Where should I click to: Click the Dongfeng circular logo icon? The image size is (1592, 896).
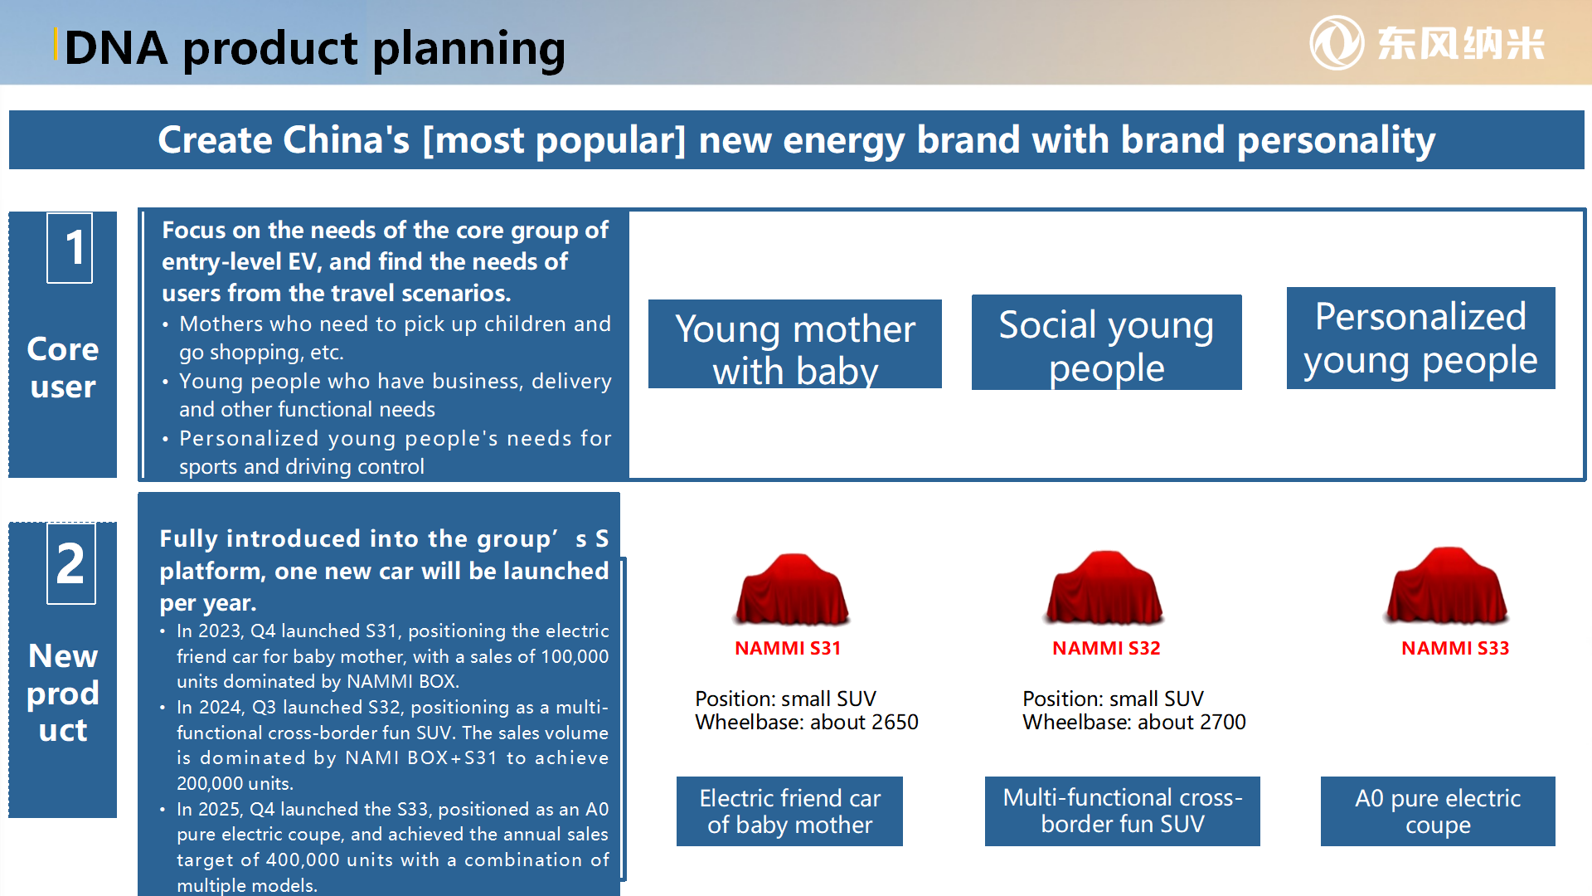click(x=1337, y=43)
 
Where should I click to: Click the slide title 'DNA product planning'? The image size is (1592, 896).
click(x=315, y=48)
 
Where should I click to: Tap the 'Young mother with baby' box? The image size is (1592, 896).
click(x=795, y=344)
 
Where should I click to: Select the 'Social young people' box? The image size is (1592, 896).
click(x=1107, y=342)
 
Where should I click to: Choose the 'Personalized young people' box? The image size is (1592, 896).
click(x=1421, y=338)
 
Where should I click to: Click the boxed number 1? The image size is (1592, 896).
click(x=70, y=248)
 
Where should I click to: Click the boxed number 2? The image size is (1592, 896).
click(x=71, y=563)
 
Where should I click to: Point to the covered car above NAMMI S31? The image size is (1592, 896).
click(x=792, y=589)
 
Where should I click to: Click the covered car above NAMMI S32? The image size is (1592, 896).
click(x=1104, y=587)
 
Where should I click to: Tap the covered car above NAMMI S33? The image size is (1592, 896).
click(x=1448, y=586)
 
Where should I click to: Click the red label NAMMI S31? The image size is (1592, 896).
click(x=788, y=648)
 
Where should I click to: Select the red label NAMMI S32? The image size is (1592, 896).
click(x=1106, y=648)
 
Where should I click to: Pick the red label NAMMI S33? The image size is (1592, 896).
click(x=1455, y=648)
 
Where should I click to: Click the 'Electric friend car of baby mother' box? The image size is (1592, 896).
click(x=789, y=811)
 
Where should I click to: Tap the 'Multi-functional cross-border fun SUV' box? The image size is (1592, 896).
click(x=1123, y=811)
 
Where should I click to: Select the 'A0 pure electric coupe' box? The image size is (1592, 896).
click(x=1438, y=811)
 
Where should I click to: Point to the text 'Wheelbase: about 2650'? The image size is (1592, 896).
click(x=807, y=723)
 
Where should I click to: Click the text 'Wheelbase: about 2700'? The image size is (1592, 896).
click(x=1134, y=723)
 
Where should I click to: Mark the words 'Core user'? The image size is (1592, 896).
click(x=63, y=368)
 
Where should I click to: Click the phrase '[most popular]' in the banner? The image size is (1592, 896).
click(x=555, y=140)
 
